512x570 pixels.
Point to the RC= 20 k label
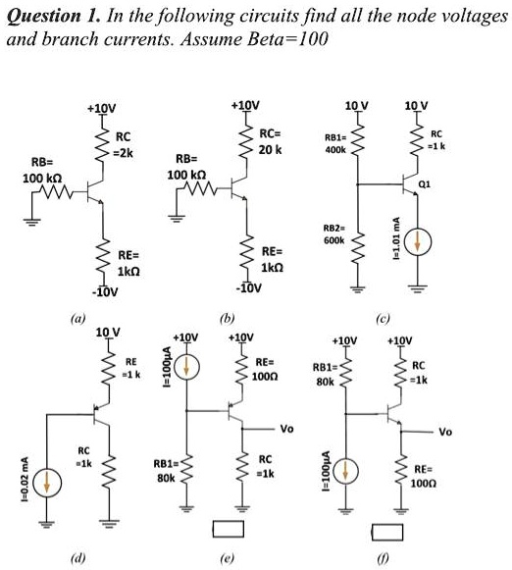pyautogui.click(x=270, y=141)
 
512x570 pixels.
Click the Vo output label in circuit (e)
pyautogui.click(x=286, y=429)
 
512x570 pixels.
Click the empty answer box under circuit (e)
pyautogui.click(x=229, y=532)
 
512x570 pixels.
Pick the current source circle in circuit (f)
pyautogui.click(x=344, y=475)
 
